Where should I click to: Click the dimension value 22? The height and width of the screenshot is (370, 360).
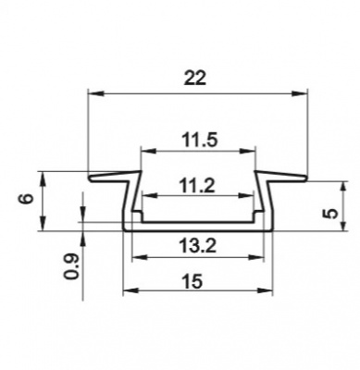pos(194,78)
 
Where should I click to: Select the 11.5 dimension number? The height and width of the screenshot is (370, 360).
pos(200,141)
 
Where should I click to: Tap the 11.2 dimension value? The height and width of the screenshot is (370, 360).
pos(197,186)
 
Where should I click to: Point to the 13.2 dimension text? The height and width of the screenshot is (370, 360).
pos(198,246)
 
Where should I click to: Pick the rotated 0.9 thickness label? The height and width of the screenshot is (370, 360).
pos(70,266)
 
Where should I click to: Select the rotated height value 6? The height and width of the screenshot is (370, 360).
pos(26,198)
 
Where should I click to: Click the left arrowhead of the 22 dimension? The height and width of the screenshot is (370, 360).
pos(95,93)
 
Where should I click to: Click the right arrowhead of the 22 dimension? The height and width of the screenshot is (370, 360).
pos(300,93)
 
